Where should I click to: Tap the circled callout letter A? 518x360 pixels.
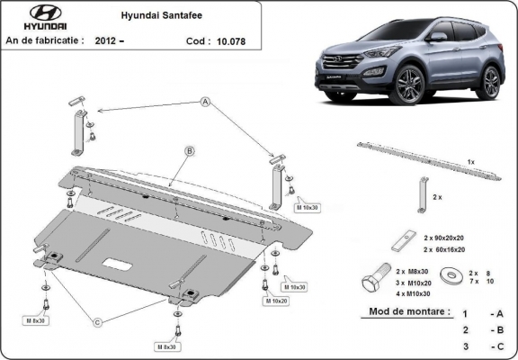pos(205,103)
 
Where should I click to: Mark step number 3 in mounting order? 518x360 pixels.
pos(464,346)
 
